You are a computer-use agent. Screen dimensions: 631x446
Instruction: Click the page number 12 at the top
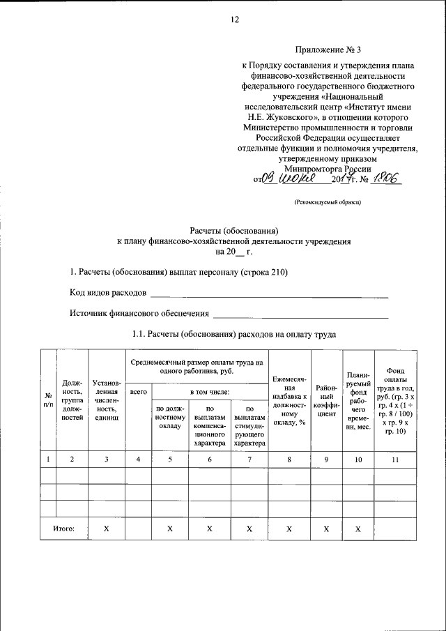point(235,20)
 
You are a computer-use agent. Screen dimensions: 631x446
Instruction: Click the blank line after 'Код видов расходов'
point(269,295)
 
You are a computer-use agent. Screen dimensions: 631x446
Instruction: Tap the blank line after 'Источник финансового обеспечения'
point(300,317)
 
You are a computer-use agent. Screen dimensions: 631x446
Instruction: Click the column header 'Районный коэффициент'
point(327,399)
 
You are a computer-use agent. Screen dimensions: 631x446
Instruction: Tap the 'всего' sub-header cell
point(138,393)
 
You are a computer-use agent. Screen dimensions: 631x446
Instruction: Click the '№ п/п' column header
point(47,400)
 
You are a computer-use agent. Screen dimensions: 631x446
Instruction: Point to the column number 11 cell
point(394,459)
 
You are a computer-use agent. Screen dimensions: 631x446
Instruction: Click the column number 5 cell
point(169,459)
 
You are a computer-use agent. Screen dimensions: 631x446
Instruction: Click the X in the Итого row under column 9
point(327,529)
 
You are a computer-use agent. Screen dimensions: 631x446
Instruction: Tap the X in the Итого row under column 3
point(106,529)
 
